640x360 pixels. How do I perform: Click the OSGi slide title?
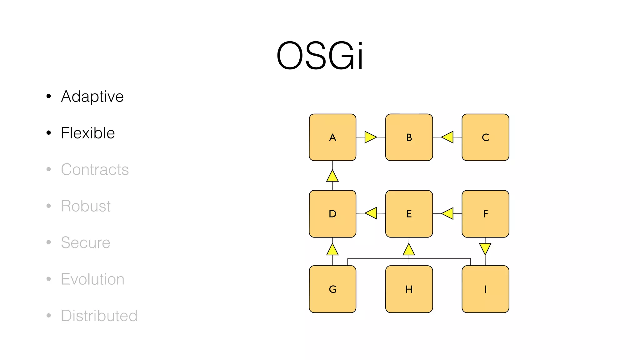pos(320,56)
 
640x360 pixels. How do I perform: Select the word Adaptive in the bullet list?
pos(92,96)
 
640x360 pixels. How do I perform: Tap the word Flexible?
pos(88,133)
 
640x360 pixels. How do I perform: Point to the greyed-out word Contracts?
pos(95,169)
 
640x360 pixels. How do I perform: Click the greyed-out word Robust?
pos(86,206)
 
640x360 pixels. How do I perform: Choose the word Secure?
pos(85,242)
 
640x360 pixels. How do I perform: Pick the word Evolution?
pos(92,279)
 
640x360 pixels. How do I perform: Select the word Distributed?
pos(99,316)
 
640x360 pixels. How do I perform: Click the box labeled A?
pos(332,137)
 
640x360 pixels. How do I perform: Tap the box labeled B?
pos(409,137)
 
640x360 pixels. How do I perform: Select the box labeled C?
pos(485,137)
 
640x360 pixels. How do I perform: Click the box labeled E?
pos(409,214)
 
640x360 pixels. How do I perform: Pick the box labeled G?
pos(332,289)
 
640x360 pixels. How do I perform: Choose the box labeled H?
pos(409,289)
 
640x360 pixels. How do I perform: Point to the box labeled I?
pos(485,289)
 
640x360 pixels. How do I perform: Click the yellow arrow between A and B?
pos(370,137)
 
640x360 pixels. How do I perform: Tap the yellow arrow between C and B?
pos(448,137)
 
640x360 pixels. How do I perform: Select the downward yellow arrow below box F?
pos(485,248)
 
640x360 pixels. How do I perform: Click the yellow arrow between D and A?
pos(332,176)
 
